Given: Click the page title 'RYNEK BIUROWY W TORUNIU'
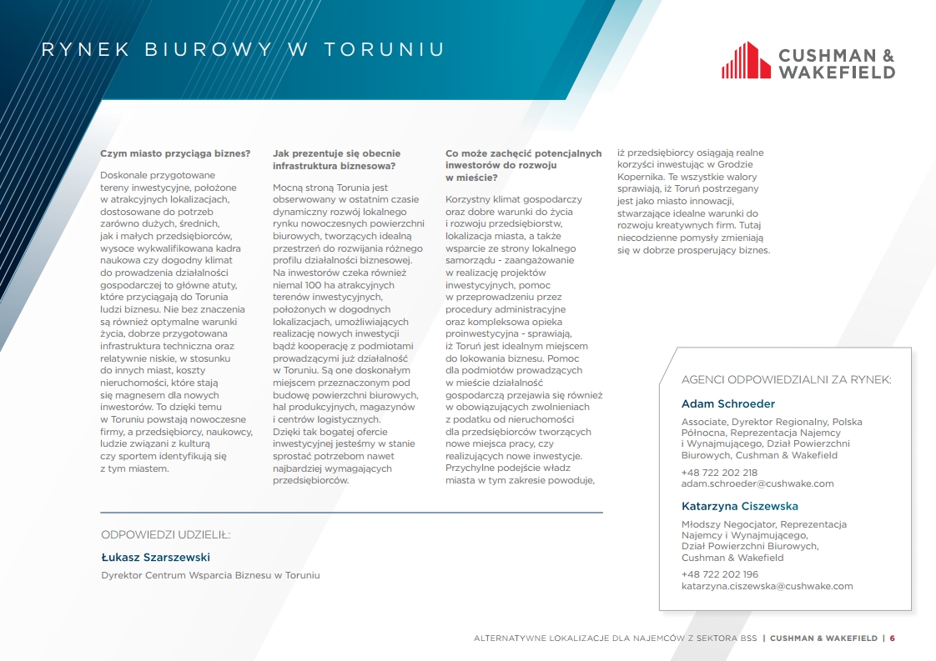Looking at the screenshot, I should (243, 50).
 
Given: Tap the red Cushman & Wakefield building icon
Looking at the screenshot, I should (746, 60).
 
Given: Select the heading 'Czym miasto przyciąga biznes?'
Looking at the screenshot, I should (175, 153).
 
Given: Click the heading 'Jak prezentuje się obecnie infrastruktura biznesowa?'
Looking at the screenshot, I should (336, 159).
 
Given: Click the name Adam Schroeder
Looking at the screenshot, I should (728, 403).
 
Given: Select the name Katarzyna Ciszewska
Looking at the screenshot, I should (740, 506).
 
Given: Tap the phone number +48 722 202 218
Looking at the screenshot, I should (719, 473).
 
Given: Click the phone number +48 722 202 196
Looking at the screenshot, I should (720, 574).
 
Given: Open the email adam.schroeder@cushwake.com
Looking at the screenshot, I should (757, 483).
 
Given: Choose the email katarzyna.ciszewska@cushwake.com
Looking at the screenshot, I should (767, 586).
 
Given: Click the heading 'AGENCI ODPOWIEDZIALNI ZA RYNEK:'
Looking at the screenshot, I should (786, 379).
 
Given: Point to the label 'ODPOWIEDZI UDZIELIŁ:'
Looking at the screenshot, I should (166, 534).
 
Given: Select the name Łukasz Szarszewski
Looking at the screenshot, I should (155, 557).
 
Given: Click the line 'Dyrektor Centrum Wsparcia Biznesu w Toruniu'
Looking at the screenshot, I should (210, 575).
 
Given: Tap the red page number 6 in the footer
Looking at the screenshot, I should (892, 638).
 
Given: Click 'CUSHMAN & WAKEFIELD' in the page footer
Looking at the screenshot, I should (823, 638).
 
